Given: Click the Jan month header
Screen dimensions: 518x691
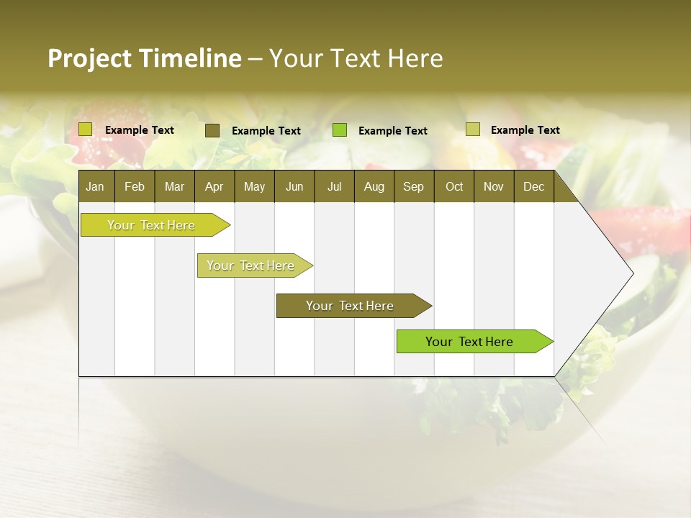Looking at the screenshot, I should [95, 186].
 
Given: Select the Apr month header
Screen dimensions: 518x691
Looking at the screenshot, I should [214, 186].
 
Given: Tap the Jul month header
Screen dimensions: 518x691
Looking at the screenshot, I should [334, 186].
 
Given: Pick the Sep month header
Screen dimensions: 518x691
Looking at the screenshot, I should [413, 186].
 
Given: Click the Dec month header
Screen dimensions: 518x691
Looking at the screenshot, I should [533, 186].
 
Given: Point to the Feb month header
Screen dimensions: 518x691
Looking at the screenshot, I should [135, 186].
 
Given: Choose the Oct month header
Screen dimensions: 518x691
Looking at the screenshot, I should [453, 186].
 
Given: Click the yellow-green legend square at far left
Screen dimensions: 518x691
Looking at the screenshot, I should [86, 129].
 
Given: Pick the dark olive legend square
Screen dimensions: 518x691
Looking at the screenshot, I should [212, 130].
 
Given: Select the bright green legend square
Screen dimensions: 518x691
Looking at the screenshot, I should [340, 130].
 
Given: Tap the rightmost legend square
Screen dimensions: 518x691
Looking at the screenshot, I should [473, 129].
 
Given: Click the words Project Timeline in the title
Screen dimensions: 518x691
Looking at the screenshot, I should [144, 58].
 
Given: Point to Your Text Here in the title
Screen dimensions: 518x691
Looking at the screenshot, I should [356, 58].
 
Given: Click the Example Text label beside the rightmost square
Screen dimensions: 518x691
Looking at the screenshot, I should [525, 130].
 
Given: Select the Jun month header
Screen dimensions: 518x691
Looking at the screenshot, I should [294, 186].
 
